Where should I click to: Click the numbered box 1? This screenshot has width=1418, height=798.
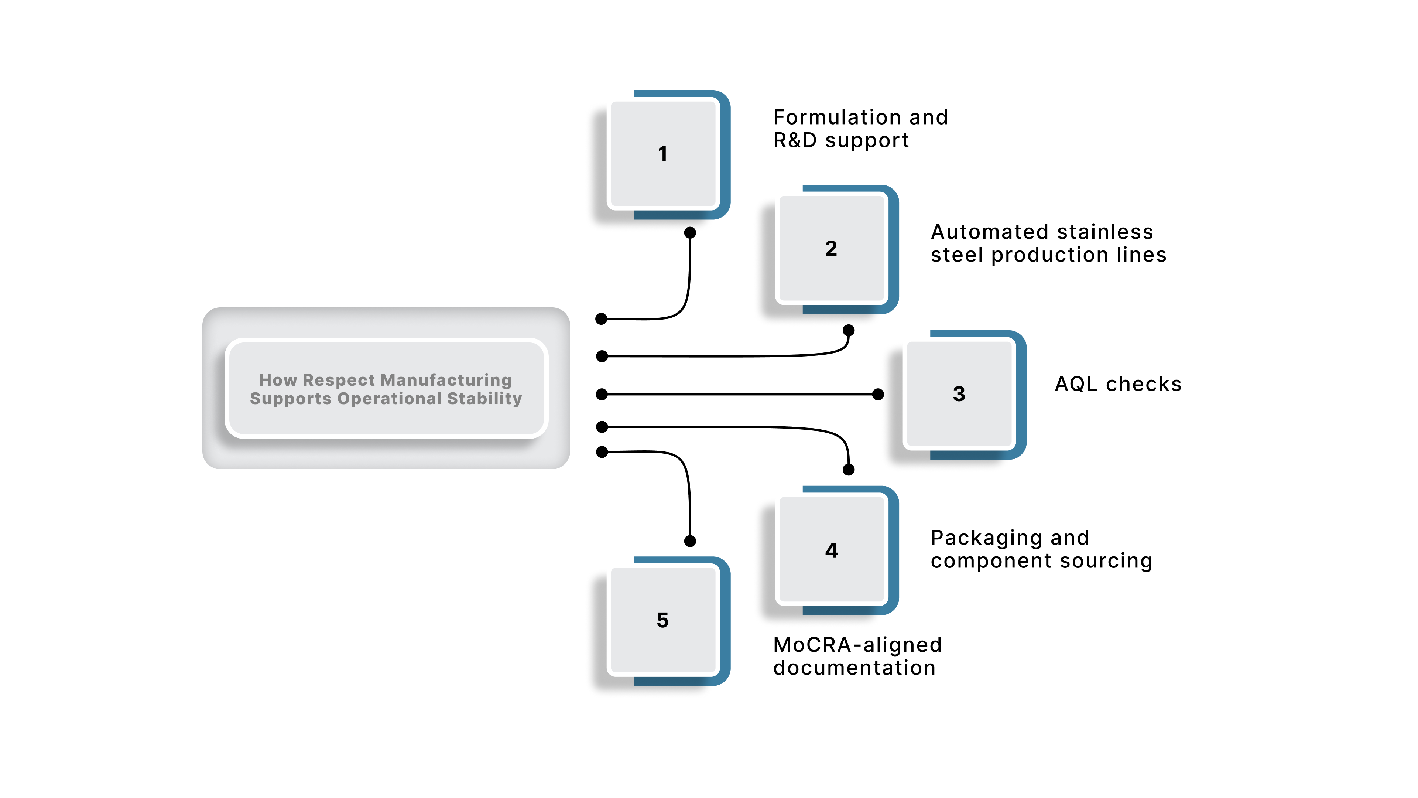tap(663, 154)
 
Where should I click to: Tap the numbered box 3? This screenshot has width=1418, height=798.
tap(959, 394)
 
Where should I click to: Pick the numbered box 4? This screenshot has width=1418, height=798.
tap(832, 550)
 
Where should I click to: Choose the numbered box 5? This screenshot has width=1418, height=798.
tap(663, 620)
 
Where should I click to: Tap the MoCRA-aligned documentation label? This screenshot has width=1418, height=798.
tap(857, 656)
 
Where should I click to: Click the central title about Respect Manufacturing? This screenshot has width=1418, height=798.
tap(386, 389)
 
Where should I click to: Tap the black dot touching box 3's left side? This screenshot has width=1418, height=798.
tap(878, 394)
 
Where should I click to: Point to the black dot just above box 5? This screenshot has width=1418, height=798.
tap(690, 541)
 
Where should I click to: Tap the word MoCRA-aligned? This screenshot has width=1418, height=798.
tap(857, 644)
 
